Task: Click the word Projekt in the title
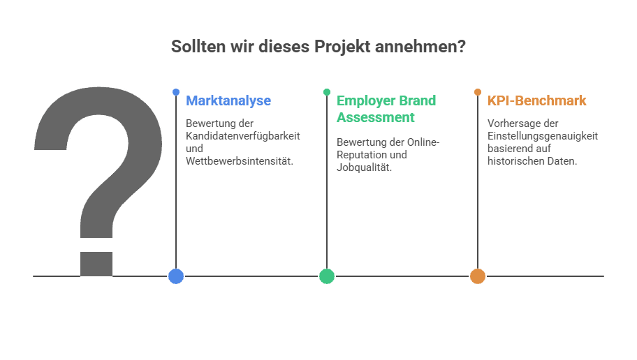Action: [342, 47]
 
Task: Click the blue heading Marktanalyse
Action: [228, 100]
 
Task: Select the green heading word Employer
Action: [367, 100]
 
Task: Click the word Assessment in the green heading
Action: [376, 117]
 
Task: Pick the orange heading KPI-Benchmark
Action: [537, 100]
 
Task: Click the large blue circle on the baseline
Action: [176, 276]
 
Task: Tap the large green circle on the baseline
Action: [327, 276]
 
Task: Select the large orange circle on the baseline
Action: [478, 276]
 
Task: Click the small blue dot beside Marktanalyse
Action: [176, 92]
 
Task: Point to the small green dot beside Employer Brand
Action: [327, 92]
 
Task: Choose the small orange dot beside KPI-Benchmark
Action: [478, 92]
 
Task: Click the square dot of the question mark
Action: [96, 263]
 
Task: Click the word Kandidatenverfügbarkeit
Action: [243, 136]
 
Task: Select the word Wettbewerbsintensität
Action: [240, 161]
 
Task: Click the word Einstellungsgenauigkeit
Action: [543, 136]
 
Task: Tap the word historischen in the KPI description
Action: [515, 161]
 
